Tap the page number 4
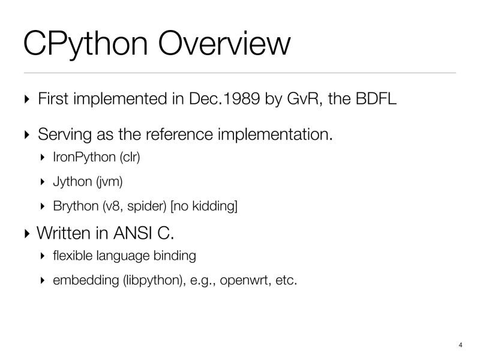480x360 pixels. (460, 345)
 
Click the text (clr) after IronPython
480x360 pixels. (130, 158)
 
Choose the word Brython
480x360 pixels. (75, 206)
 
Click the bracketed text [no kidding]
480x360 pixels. (204, 206)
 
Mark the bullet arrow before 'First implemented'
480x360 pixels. (26, 100)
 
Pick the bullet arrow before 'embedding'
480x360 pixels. (42, 280)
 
